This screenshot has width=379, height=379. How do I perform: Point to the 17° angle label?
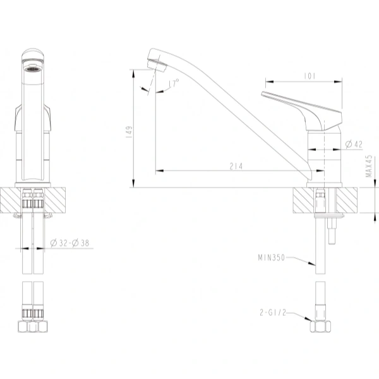pyautogui.click(x=174, y=82)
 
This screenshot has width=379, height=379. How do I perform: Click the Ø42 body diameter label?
pyautogui.click(x=354, y=145)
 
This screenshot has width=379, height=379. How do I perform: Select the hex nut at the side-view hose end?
pyautogui.click(x=321, y=327)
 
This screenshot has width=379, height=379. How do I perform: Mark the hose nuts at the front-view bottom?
pyautogui.click(x=32, y=328)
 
